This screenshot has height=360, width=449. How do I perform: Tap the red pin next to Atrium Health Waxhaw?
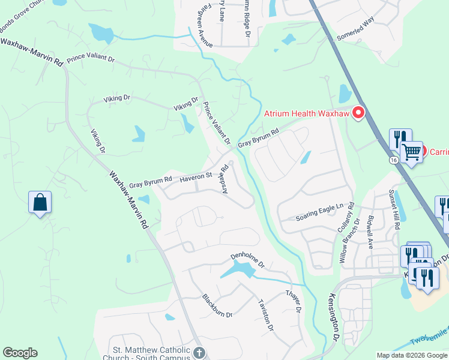358,112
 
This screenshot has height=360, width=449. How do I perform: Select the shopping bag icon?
40,202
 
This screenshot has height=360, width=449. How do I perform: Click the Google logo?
20,353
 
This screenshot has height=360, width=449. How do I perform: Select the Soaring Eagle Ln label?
319,212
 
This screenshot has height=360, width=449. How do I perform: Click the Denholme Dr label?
248,260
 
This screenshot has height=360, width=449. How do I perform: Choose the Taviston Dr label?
265,315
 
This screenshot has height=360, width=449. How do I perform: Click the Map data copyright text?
411,355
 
